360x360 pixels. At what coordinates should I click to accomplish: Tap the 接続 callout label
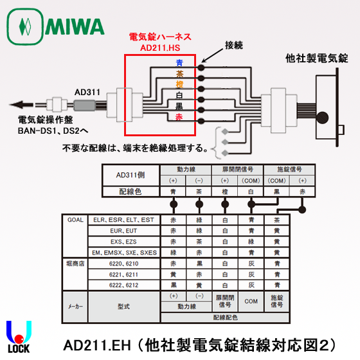235,46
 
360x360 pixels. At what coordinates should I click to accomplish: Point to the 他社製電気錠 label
316,58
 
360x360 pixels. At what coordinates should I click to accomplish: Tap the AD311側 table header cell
132,175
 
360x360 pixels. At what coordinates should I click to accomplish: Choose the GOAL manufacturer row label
75,219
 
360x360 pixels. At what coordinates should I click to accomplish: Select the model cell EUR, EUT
123,230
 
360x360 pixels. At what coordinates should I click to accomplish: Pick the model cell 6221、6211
123,273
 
